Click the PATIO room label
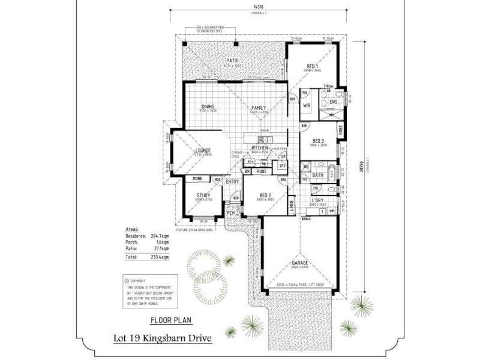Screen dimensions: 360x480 [x=233, y=61]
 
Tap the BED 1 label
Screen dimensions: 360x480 [x=312, y=65]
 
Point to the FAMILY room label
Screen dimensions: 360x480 [x=259, y=108]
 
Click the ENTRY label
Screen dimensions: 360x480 [x=232, y=181]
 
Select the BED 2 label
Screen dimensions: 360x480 [x=266, y=196]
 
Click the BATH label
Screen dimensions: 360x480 [x=318, y=175]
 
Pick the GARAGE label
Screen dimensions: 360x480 [x=299, y=263]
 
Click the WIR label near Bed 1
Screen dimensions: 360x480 [x=307, y=105]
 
